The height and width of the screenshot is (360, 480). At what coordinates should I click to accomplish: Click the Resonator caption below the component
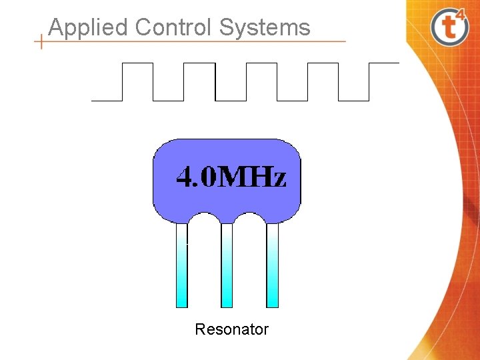(x=231, y=329)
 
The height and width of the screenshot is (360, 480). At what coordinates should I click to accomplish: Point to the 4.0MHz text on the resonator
(x=231, y=177)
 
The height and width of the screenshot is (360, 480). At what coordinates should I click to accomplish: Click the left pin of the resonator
(x=182, y=267)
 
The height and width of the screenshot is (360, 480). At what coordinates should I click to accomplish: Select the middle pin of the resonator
(x=227, y=267)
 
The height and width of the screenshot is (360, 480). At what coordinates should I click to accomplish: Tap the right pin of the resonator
(x=272, y=267)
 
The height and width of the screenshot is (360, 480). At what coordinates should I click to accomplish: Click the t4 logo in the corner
(x=450, y=27)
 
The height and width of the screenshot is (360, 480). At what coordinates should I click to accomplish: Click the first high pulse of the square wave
(x=137, y=64)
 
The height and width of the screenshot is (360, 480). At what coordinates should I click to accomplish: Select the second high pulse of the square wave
(x=199, y=64)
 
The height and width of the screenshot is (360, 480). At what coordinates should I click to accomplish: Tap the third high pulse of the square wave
(x=261, y=64)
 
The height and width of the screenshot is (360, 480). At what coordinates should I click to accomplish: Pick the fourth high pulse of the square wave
(x=323, y=64)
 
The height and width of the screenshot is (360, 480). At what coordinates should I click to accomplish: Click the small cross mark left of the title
(x=41, y=41)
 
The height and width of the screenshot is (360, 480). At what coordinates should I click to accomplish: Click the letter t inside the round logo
(x=447, y=29)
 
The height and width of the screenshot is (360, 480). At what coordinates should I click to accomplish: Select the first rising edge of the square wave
(x=122, y=82)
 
